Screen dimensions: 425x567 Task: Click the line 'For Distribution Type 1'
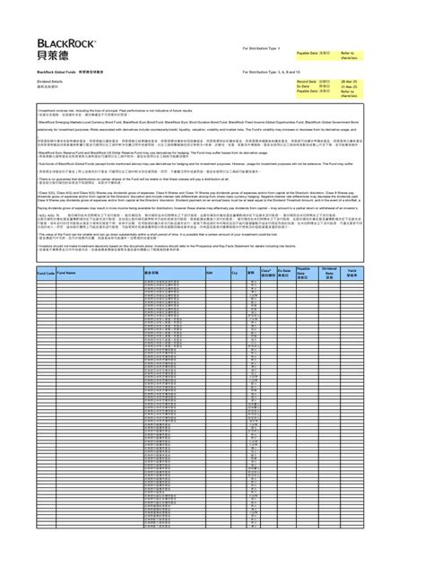262,48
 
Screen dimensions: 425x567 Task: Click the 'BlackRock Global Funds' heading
55,70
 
